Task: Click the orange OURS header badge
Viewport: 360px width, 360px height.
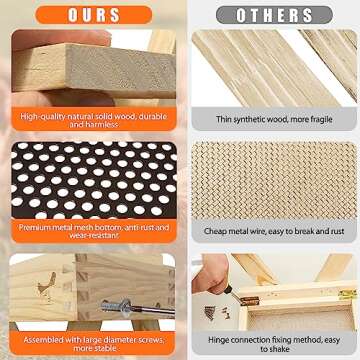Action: pyautogui.click(x=94, y=15)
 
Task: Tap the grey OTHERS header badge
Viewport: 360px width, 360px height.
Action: pyautogui.click(x=274, y=15)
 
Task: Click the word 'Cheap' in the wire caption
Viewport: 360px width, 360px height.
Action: pyautogui.click(x=216, y=231)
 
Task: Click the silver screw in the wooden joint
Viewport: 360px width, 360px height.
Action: pyautogui.click(x=138, y=307)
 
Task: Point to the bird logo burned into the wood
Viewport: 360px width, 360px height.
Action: pyautogui.click(x=47, y=284)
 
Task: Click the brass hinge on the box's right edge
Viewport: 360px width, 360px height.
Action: pyautogui.click(x=347, y=293)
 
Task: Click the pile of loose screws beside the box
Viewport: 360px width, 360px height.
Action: pyautogui.click(x=216, y=313)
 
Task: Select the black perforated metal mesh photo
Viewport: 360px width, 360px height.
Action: pyautogui.click(x=94, y=180)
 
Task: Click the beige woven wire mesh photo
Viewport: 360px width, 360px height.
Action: pyautogui.click(x=274, y=180)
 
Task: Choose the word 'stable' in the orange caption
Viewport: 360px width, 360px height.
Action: pyautogui.click(x=107, y=348)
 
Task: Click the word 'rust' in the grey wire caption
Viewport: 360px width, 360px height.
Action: pyautogui.click(x=337, y=231)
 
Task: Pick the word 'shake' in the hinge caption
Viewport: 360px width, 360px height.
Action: pyautogui.click(x=279, y=349)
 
